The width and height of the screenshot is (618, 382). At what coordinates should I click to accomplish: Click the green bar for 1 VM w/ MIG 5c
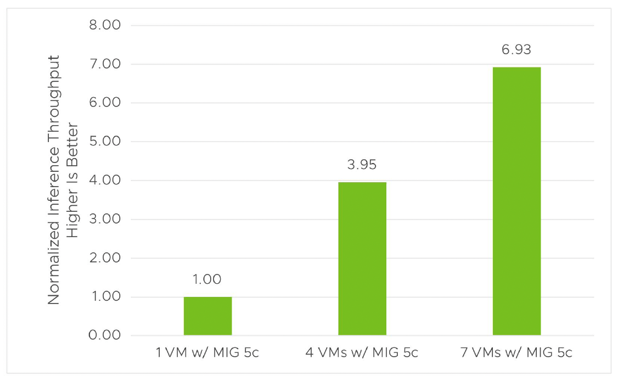point(207,316)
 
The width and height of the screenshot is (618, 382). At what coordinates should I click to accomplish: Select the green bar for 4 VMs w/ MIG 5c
point(362,259)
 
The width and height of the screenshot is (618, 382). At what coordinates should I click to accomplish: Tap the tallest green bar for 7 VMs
point(516,201)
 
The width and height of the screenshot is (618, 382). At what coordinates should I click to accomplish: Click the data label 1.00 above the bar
point(207,279)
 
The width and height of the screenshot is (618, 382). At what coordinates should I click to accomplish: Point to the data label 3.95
point(362,165)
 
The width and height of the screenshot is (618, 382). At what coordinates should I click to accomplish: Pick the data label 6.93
point(516,50)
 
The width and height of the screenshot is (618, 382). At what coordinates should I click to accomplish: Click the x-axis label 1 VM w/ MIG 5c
point(207,352)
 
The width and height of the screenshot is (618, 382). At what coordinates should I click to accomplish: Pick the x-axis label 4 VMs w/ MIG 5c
point(362,352)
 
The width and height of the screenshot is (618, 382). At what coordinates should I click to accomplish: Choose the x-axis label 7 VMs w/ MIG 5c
point(516,352)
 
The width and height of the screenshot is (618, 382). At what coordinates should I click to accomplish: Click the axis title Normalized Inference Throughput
point(54,180)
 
